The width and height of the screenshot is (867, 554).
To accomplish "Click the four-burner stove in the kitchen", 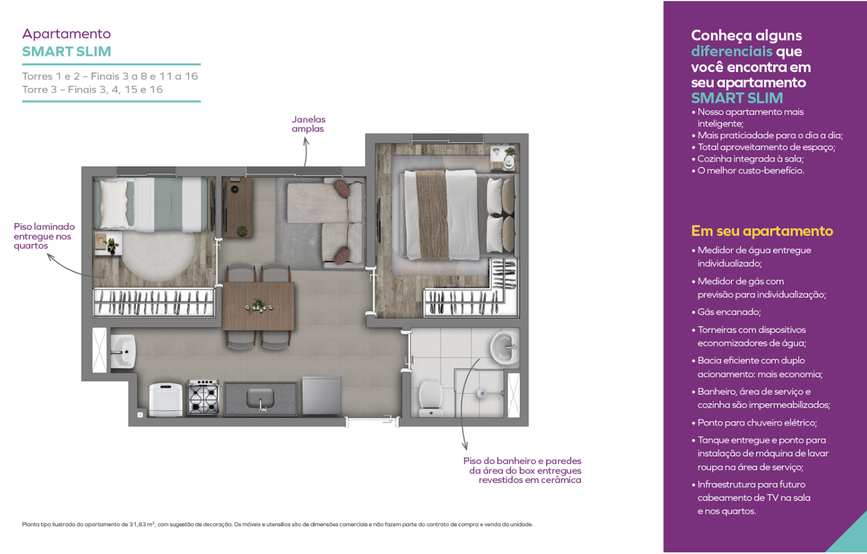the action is click(x=204, y=397).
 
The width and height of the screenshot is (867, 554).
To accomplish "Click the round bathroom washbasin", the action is click(x=504, y=347).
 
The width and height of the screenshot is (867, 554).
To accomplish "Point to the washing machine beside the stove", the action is click(x=166, y=400).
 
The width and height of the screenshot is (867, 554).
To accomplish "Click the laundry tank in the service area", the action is click(x=123, y=351).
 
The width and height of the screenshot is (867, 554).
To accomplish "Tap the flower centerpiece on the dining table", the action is click(x=258, y=306).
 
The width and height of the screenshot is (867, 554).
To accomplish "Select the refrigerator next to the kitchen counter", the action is click(x=321, y=395).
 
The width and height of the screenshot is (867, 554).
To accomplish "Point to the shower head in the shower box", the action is click(x=482, y=394).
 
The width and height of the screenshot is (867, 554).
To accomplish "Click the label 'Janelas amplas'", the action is click(x=308, y=124).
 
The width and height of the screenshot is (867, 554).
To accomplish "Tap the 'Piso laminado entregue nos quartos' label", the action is click(x=44, y=236).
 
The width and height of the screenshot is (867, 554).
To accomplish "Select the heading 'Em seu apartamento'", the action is click(x=762, y=231).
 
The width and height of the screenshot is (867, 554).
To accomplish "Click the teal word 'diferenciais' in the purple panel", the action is click(x=732, y=51).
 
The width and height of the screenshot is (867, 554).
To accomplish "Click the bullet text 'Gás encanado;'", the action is click(x=729, y=312).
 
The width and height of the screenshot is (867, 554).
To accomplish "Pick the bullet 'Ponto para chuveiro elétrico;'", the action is click(x=757, y=423).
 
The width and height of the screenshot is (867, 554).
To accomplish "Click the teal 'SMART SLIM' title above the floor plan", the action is click(x=67, y=51).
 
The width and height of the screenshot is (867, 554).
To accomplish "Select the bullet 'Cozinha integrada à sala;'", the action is click(x=750, y=159).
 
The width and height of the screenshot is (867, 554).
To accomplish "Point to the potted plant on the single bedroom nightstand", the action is click(x=112, y=246).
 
